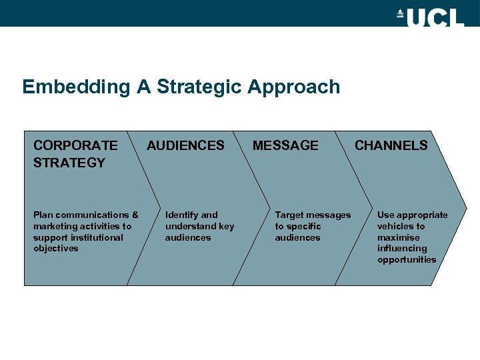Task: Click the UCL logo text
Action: pyautogui.click(x=435, y=17)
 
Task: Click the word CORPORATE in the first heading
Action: pyautogui.click(x=75, y=145)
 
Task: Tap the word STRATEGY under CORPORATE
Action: pyautogui.click(x=69, y=163)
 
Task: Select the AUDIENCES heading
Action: pyautogui.click(x=185, y=145)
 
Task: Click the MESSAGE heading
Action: pyautogui.click(x=285, y=145)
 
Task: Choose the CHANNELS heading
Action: pyautogui.click(x=391, y=145)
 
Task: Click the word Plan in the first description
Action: pyautogui.click(x=43, y=215)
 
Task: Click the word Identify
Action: pyautogui.click(x=181, y=215)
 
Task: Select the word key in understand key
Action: pyautogui.click(x=227, y=226)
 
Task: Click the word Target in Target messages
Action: pyautogui.click(x=289, y=215)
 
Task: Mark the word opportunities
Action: pyautogui.click(x=407, y=260)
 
